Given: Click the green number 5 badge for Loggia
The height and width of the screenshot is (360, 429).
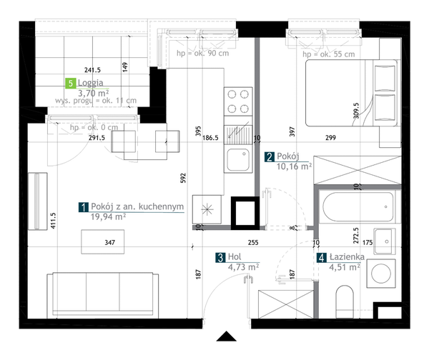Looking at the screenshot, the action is tap(71, 83).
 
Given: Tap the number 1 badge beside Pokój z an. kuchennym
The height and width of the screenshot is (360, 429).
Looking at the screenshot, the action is tap(84, 207).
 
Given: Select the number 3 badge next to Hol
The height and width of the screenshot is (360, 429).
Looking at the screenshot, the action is tap(220, 257).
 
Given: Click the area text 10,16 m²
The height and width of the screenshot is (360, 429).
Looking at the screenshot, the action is tap(294, 166).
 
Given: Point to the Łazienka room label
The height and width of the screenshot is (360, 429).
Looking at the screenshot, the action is tap(347, 257).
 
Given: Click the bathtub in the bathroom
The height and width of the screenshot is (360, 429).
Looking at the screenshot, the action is tap(358, 207).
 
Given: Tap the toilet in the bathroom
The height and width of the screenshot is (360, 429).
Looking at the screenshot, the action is tap(345, 301).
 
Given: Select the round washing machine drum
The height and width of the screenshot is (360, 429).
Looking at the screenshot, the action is tap(381, 274).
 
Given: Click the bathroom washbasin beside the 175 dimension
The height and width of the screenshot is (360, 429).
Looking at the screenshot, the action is tap(385, 241).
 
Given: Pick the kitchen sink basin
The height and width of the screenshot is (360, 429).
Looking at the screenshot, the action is tap(238, 160).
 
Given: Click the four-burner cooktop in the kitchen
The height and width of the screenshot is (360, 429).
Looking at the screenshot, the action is tap(238, 101).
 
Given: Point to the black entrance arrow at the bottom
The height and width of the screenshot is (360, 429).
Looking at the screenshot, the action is tap(226, 336).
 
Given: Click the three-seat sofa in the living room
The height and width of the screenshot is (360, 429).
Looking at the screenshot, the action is tap(102, 295).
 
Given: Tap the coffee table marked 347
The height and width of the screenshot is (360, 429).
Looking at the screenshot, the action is tap(102, 241).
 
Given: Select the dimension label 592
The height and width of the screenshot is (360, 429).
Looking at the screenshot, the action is tap(183, 178).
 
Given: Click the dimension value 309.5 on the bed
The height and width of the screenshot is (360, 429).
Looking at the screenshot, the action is tap(356, 111).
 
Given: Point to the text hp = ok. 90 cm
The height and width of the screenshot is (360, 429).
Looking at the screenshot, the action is tap(203, 53).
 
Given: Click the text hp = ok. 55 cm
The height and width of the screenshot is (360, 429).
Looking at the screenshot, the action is tap(329, 54).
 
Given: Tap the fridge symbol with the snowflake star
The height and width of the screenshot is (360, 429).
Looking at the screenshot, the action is tap(207, 209).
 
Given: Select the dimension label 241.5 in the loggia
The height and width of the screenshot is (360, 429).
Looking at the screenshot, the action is tap(92, 70).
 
